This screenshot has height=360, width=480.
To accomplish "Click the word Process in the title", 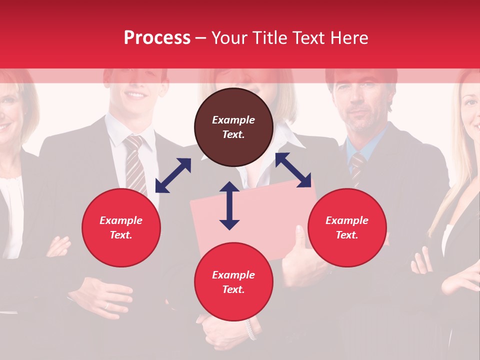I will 157,38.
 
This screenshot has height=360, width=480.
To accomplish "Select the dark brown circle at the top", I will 233,127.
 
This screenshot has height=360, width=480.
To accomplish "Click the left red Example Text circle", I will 121,228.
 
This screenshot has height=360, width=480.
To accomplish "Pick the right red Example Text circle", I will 347,228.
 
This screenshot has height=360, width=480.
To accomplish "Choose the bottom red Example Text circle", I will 233,282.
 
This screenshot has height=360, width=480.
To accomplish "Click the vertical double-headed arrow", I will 229,205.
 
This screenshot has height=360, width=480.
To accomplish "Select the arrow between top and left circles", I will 173,175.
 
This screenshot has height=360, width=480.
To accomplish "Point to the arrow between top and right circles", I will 293,170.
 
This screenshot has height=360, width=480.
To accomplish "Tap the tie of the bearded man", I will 357,167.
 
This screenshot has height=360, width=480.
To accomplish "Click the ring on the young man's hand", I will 106,305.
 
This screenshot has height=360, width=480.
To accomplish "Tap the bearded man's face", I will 359,102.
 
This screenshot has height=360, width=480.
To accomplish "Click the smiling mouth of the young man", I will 136,94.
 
